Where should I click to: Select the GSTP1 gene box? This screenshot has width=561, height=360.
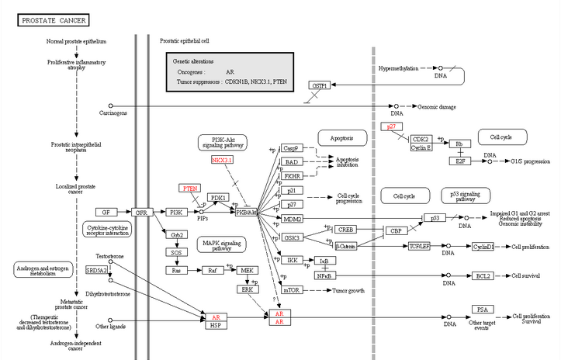[x=319, y=85]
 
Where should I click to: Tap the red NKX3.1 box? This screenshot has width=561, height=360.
[x=223, y=160]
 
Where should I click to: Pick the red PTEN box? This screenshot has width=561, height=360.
[x=190, y=188]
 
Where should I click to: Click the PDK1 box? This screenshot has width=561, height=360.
[x=218, y=198]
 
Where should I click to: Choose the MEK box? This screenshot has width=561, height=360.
[x=248, y=270]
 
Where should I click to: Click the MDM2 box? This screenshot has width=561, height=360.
[x=292, y=219]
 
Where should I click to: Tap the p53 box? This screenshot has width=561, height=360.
[x=436, y=218]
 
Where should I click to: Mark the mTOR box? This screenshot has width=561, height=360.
[x=292, y=289]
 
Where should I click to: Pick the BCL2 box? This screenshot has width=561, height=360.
[x=483, y=275]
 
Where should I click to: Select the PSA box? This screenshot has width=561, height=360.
[x=482, y=309]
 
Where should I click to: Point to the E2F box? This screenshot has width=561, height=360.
[x=459, y=161]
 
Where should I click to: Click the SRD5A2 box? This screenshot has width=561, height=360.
[x=96, y=270]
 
